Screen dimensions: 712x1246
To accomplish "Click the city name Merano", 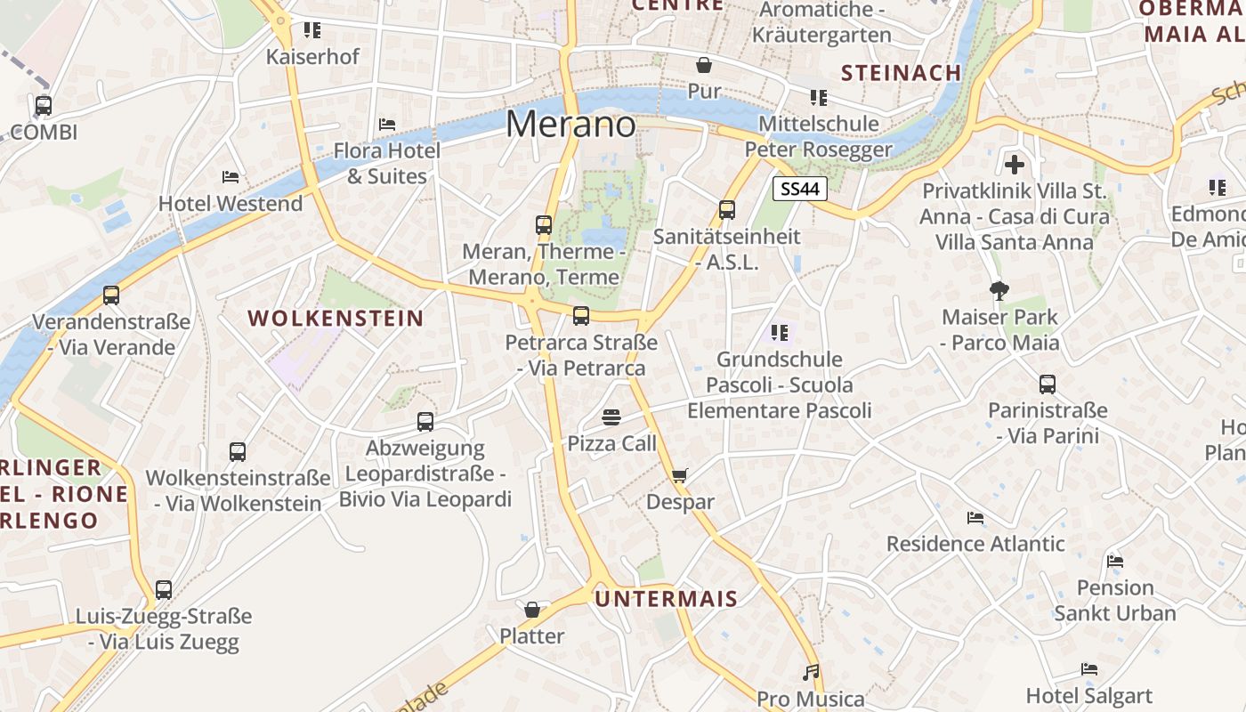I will pyautogui.click(x=570, y=124).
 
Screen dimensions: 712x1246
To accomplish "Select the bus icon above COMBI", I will pyautogui.click(x=44, y=106).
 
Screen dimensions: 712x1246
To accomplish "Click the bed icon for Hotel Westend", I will pyautogui.click(x=231, y=177).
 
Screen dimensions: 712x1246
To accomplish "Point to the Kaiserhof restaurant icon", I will pyautogui.click(x=312, y=30).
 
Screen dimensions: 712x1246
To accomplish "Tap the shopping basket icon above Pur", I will pyautogui.click(x=704, y=65).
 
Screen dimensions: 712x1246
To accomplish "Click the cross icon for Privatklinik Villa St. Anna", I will pyautogui.click(x=1014, y=165).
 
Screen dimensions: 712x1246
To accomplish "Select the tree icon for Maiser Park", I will pyautogui.click(x=999, y=290).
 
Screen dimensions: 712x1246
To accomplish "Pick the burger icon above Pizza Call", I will pyautogui.click(x=611, y=417).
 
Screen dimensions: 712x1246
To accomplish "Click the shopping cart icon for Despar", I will pyautogui.click(x=680, y=475).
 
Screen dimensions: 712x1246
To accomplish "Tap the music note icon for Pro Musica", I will pyautogui.click(x=810, y=672).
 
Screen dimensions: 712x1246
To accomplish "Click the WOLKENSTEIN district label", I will pyautogui.click(x=336, y=318).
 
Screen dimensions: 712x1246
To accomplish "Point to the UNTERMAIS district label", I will pyautogui.click(x=667, y=599).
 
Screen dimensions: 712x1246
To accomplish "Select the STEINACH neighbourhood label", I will pyautogui.click(x=901, y=73).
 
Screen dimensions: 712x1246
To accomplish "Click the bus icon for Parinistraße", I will pyautogui.click(x=1048, y=384).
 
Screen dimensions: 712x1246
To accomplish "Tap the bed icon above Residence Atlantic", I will pyautogui.click(x=975, y=518).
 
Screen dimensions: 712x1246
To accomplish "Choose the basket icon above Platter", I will pyautogui.click(x=532, y=610).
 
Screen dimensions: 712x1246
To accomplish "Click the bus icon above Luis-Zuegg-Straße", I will pyautogui.click(x=164, y=589).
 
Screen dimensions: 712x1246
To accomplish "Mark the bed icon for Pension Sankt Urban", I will pyautogui.click(x=1114, y=562).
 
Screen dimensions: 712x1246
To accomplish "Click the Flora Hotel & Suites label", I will pyautogui.click(x=387, y=163).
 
